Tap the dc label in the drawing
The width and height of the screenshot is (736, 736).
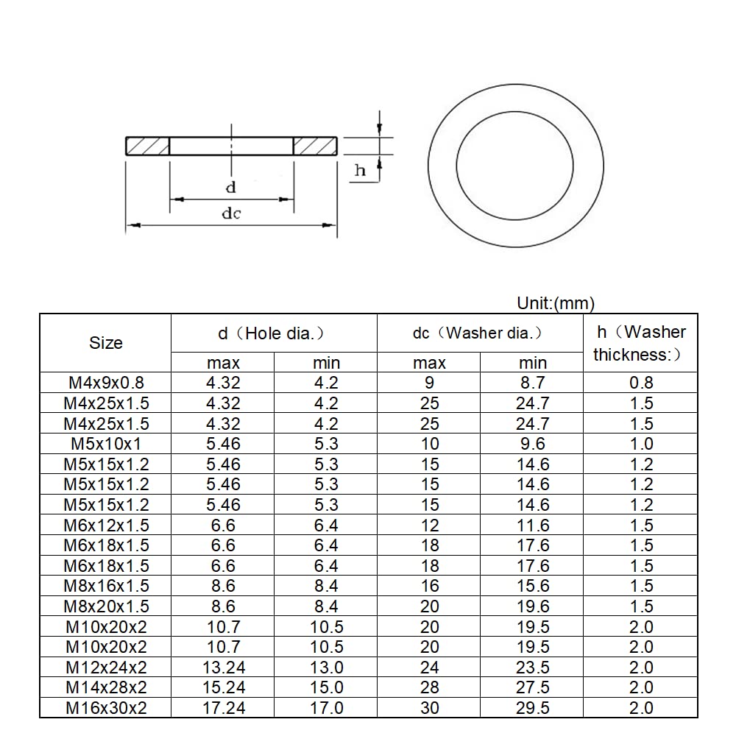pos(231,213)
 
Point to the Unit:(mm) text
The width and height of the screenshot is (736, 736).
pos(556,303)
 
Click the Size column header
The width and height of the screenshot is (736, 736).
pos(105,343)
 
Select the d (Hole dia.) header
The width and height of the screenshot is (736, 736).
pos(274,333)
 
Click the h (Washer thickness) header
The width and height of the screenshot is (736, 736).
pos(640,343)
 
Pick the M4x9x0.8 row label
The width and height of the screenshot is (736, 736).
pos(106,383)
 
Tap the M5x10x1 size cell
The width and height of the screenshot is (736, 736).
pos(106,444)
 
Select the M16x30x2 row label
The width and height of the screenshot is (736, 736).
pos(106,708)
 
